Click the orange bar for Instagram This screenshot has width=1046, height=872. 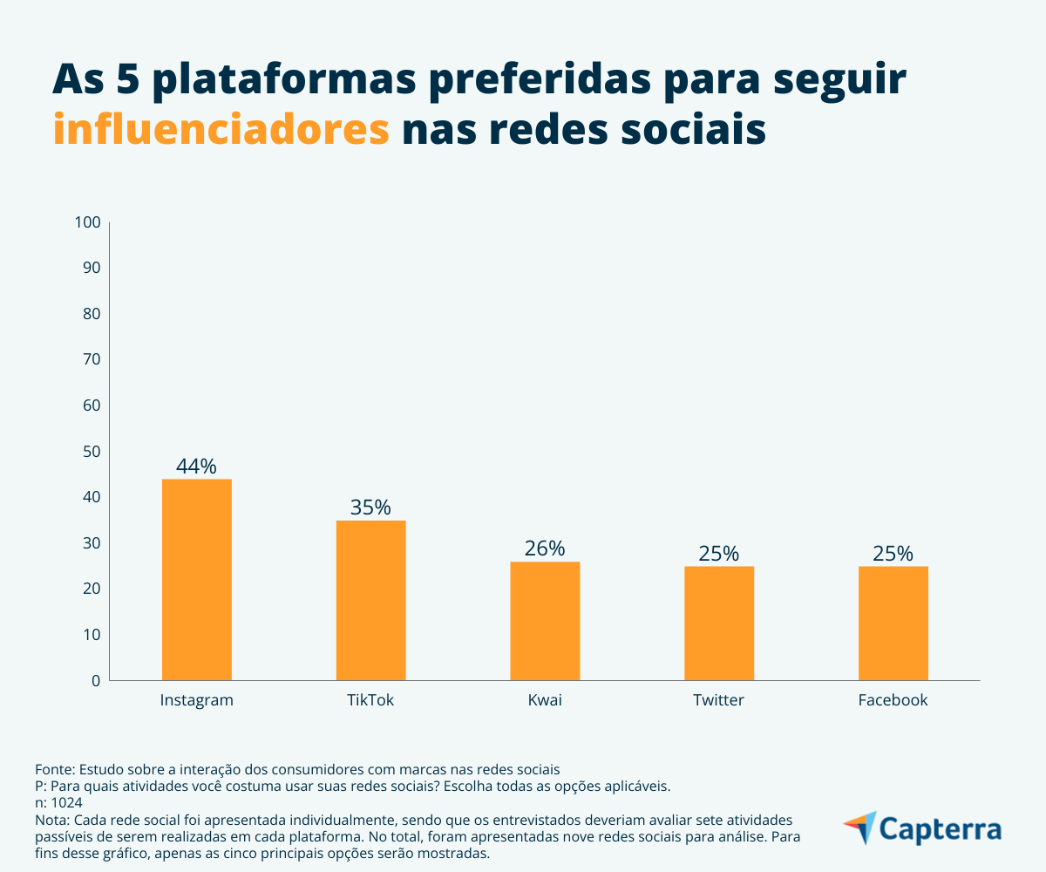(x=197, y=580)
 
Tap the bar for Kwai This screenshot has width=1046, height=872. (x=545, y=621)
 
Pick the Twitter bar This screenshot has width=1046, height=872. (x=719, y=623)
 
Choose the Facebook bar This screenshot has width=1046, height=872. (x=893, y=623)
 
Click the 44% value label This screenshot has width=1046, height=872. (x=196, y=467)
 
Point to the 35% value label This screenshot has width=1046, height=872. (x=370, y=508)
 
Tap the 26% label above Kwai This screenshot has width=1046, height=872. (x=545, y=548)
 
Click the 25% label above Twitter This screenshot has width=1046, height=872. (x=719, y=554)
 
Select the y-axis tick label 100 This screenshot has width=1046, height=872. (x=89, y=222)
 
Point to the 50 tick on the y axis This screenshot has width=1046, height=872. (x=92, y=451)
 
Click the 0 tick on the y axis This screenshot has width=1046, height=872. (x=97, y=680)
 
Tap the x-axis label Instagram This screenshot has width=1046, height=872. (x=197, y=700)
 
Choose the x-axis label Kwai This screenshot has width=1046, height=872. (x=545, y=700)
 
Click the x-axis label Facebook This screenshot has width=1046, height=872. (x=893, y=700)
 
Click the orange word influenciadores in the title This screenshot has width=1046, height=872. (x=221, y=129)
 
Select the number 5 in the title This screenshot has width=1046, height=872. (x=128, y=80)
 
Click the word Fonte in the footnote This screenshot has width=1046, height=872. (x=54, y=769)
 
